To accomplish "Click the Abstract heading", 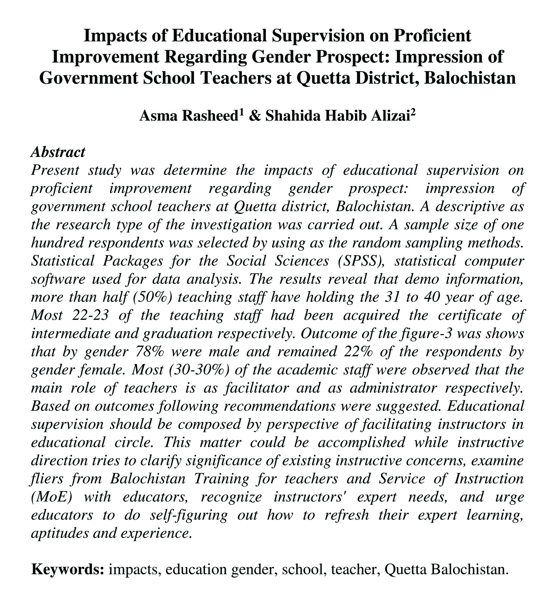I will [x=58, y=152].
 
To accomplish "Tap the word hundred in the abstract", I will [x=52, y=243].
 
